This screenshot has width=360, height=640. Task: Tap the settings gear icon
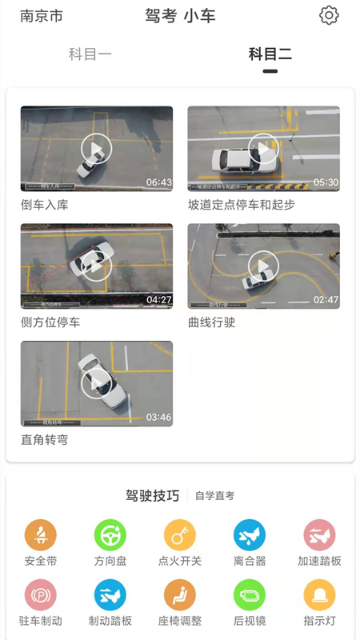[329, 15]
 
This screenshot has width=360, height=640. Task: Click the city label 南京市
[42, 16]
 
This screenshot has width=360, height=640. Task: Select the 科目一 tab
[90, 54]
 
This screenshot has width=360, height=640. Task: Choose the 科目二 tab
[270, 54]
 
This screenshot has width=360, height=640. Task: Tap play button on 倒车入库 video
[96, 149]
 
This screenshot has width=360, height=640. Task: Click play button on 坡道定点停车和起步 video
[263, 149]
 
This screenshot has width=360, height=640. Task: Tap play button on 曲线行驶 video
[263, 266]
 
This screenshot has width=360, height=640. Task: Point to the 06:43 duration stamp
[158, 182]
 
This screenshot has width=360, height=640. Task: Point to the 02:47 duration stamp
[326, 300]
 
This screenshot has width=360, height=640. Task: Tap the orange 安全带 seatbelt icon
[41, 535]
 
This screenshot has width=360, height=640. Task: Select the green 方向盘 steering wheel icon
[110, 535]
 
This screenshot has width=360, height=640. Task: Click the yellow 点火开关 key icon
[180, 535]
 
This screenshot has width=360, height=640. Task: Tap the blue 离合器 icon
[250, 535]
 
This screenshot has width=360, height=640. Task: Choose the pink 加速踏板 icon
[319, 535]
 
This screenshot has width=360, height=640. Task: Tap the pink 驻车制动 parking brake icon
[41, 595]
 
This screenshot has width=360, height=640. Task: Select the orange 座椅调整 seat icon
[180, 595]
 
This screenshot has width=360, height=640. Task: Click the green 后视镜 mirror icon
[250, 595]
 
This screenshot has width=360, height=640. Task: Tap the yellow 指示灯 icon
[319, 595]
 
